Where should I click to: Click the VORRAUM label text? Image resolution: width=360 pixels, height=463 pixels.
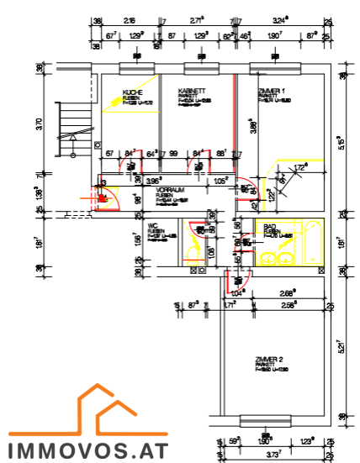click(x=171, y=190)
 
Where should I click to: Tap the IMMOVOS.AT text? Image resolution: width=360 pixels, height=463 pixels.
click(x=87, y=450)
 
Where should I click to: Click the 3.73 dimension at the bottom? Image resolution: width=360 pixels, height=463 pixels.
click(x=270, y=454)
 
